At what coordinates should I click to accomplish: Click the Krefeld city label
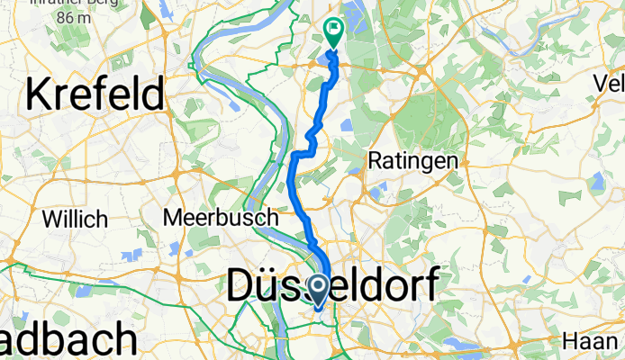(x=96, y=94)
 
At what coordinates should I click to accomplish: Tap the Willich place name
(x=76, y=219)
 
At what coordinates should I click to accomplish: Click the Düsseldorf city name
(x=332, y=288)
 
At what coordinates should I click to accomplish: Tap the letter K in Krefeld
(x=40, y=94)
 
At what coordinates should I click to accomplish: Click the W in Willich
(x=51, y=219)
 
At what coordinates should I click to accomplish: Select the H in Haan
(x=569, y=341)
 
